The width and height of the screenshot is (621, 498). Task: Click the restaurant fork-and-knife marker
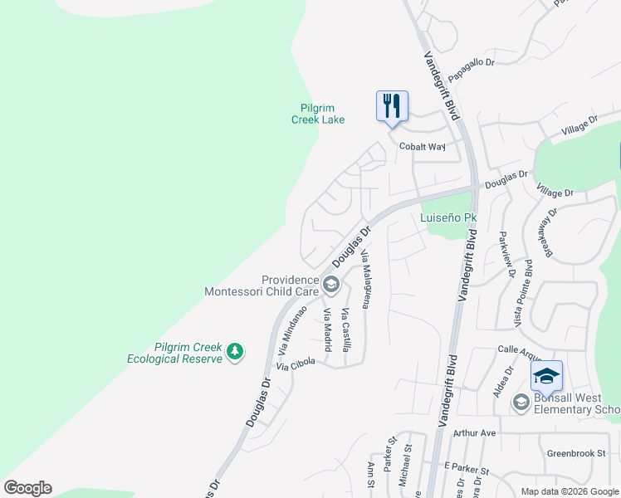click(x=392, y=107)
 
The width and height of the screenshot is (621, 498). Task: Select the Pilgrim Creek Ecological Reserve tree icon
click(x=236, y=352)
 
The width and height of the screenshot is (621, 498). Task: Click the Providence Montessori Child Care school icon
click(x=330, y=286)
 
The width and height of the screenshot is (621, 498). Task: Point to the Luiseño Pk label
click(x=449, y=218)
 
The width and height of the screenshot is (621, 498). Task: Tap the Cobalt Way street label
click(x=422, y=147)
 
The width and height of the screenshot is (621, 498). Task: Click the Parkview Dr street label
click(x=506, y=255)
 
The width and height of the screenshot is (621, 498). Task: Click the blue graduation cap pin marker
click(x=547, y=377)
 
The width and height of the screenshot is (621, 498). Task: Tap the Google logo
click(x=27, y=488)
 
